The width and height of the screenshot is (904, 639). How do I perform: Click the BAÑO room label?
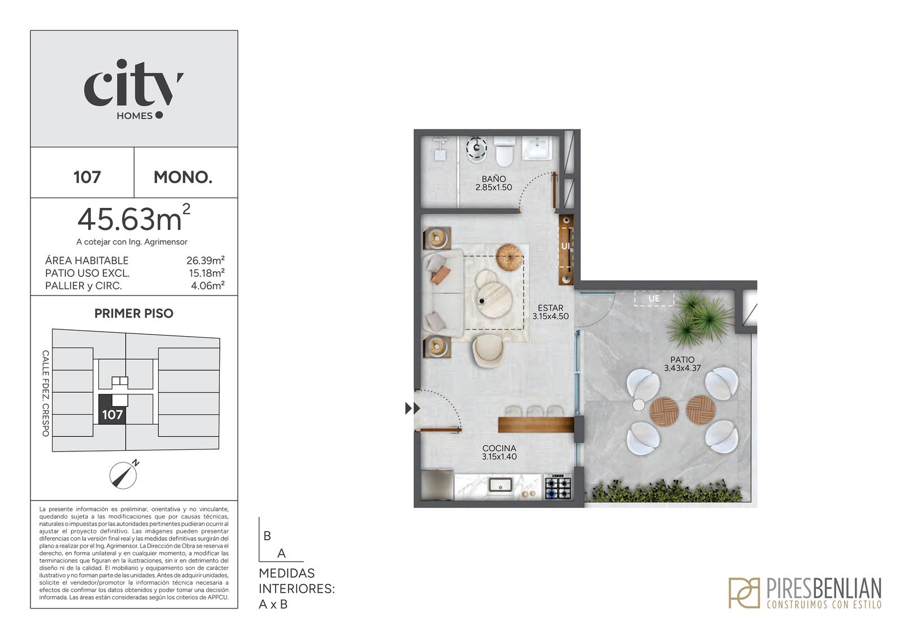click(x=494, y=179)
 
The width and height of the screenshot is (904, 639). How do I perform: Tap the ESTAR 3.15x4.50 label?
click(x=550, y=312)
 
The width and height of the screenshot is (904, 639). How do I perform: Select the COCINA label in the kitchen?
click(x=499, y=448)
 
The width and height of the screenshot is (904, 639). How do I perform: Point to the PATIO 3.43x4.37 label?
click(x=683, y=364)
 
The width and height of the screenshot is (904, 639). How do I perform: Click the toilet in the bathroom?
click(x=504, y=151)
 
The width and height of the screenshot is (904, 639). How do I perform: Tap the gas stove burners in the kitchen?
click(x=558, y=487)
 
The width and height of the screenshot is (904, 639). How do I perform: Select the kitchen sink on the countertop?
click(x=501, y=484)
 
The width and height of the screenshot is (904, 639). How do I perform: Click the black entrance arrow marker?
click(x=412, y=408)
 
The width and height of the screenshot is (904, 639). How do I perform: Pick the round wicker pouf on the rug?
click(x=509, y=257)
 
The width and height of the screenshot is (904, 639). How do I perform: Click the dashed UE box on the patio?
click(x=654, y=298)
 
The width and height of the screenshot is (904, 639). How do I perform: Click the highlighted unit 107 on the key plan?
click(x=112, y=409)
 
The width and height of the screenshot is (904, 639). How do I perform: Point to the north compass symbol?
click(x=124, y=475)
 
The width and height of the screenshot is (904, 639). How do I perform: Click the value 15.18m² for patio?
click(x=207, y=273)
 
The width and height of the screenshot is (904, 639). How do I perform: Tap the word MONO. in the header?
click(x=183, y=177)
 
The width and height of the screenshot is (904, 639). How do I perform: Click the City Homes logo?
click(x=133, y=89)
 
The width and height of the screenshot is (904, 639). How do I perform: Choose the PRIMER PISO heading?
click(x=133, y=313)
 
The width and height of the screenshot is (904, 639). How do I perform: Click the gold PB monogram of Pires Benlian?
click(x=744, y=593)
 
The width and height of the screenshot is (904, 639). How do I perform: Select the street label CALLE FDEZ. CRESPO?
click(x=46, y=393)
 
